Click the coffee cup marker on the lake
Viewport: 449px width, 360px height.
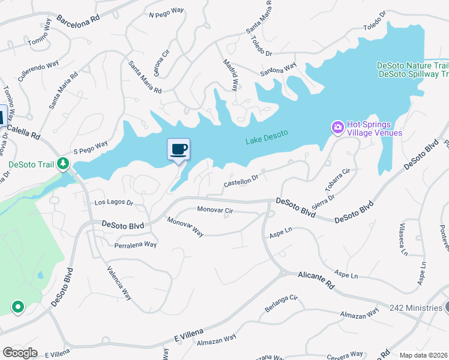point(178,149)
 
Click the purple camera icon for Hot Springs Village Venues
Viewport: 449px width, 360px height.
point(337,127)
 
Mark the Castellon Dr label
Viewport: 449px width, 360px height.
point(241,180)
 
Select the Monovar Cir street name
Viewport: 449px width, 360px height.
point(215,210)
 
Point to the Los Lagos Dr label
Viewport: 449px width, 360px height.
point(113,203)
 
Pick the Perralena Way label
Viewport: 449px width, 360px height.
point(136,245)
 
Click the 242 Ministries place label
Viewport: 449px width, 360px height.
point(415,308)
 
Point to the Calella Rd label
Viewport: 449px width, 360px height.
point(23,129)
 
